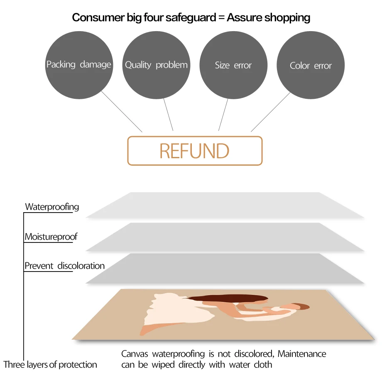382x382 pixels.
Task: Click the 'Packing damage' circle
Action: (x=79, y=65)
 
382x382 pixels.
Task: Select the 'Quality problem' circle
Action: (x=156, y=65)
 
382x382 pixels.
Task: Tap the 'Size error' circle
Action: (x=233, y=65)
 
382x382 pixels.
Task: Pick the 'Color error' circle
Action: (x=311, y=66)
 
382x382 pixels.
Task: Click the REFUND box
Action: (x=195, y=151)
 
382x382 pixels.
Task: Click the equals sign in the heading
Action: (x=220, y=18)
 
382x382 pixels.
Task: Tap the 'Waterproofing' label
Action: (x=52, y=207)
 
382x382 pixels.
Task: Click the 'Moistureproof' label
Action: (x=51, y=237)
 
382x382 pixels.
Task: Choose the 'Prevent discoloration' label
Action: (x=64, y=266)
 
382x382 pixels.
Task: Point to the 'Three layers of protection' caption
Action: (x=50, y=365)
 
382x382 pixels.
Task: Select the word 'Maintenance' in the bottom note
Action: (x=302, y=354)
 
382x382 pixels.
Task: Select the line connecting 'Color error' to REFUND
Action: (x=271, y=112)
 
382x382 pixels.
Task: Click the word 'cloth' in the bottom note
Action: (x=262, y=365)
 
